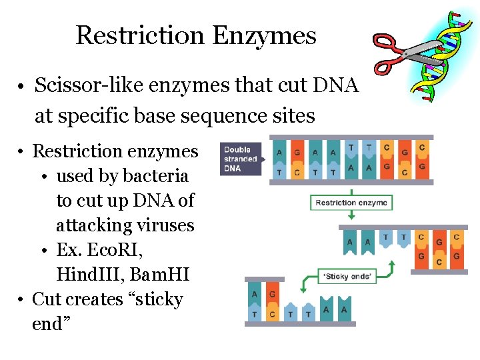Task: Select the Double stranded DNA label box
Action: point(241,159)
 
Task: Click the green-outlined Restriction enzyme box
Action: point(351,203)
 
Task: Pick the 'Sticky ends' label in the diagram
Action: point(348,276)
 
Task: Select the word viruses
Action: point(165,225)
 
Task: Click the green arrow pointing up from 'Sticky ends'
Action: point(391,267)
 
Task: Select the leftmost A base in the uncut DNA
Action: point(279,153)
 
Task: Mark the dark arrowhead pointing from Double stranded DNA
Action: point(262,159)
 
